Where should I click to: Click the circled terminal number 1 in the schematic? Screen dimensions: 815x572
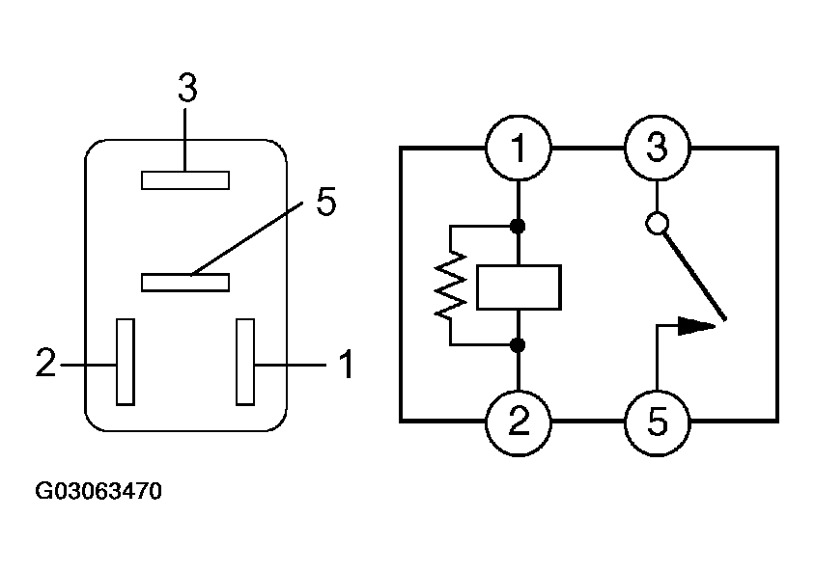(518, 148)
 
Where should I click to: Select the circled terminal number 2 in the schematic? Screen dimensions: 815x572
(518, 422)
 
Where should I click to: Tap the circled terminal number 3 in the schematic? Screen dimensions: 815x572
(657, 148)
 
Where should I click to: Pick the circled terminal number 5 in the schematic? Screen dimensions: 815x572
(657, 422)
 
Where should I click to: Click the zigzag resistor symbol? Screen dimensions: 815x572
(450, 285)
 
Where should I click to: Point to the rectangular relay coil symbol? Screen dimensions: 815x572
(519, 287)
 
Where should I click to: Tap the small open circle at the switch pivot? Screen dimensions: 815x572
(657, 224)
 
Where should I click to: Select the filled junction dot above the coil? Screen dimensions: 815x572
(518, 226)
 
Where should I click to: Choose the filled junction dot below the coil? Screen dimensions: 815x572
(518, 344)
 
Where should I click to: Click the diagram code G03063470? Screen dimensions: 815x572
(98, 491)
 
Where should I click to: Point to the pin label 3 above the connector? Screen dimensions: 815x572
(187, 88)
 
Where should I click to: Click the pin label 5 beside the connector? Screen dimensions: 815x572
(326, 202)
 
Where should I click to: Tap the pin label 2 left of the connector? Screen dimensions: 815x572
(45, 362)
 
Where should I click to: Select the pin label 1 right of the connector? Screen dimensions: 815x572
(347, 364)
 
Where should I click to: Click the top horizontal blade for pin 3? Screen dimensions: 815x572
(185, 180)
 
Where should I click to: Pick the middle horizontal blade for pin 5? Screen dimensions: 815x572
(185, 283)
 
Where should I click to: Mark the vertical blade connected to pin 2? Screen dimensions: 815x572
(126, 362)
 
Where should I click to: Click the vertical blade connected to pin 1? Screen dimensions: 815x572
(245, 362)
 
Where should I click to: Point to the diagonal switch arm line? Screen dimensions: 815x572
(694, 277)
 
